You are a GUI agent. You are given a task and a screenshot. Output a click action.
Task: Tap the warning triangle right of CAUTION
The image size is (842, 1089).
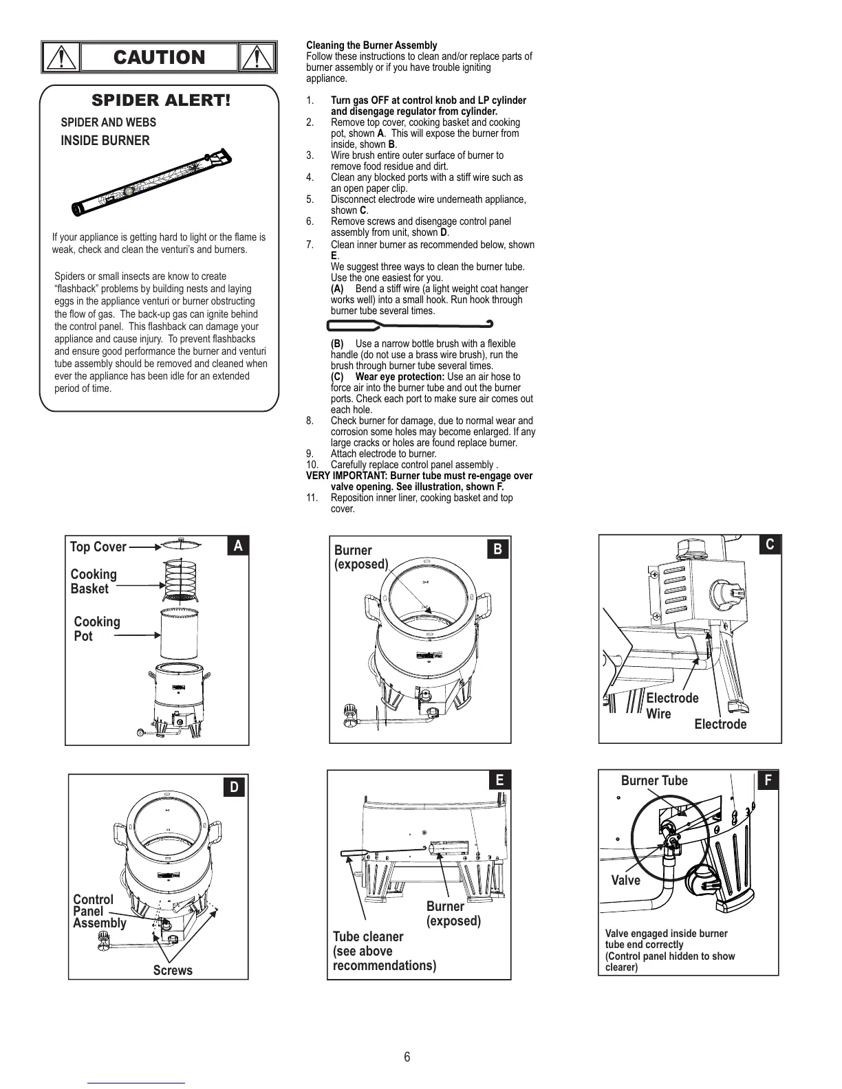257,57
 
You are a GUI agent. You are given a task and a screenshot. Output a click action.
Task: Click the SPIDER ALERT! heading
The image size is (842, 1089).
161,100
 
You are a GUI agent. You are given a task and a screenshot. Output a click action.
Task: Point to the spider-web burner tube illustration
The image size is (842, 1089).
152,181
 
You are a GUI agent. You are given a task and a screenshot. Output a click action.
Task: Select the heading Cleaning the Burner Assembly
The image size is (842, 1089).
371,45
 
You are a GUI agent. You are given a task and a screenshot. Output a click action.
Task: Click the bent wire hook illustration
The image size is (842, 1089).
411,324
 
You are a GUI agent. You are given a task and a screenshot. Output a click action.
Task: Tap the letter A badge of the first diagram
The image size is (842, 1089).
238,546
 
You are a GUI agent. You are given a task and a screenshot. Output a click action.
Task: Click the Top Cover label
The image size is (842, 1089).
98,547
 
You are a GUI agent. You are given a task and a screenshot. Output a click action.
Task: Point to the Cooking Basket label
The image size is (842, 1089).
94,582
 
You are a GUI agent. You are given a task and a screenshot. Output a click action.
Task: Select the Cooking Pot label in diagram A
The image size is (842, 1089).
96,629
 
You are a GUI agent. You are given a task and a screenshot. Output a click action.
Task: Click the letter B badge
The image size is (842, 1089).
498,549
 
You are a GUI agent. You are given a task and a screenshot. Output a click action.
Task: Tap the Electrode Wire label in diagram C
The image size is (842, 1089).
671,706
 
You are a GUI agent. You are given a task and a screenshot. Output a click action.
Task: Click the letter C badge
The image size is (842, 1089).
770,544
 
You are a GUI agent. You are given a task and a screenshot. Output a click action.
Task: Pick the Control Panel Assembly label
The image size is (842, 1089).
99,911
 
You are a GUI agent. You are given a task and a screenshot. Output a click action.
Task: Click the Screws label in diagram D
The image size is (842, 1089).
173,970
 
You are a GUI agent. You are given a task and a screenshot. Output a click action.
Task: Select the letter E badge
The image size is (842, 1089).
499,780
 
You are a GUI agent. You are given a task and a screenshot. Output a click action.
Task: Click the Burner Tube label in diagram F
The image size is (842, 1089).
654,780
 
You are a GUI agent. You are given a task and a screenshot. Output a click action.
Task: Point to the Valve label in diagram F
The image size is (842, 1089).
625,881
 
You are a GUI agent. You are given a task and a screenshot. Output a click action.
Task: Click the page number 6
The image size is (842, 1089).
407,1057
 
